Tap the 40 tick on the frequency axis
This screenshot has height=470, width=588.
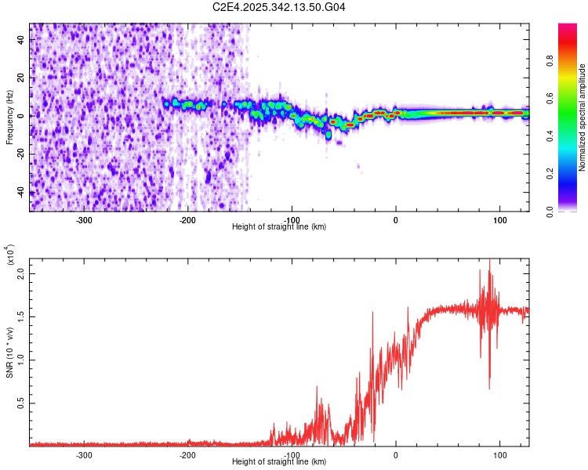(x=21, y=41)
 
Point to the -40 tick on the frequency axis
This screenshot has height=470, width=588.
(x=20, y=191)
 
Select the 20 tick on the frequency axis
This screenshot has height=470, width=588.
(x=21, y=78)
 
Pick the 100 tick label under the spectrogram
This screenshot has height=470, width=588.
(x=499, y=219)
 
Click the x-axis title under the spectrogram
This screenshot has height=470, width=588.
(x=279, y=227)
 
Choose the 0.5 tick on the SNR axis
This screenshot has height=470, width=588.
(x=19, y=403)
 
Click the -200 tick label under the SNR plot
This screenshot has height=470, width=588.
(x=187, y=454)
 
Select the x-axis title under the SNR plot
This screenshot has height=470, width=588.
(x=279, y=462)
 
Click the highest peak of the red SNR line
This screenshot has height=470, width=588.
(x=489, y=260)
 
